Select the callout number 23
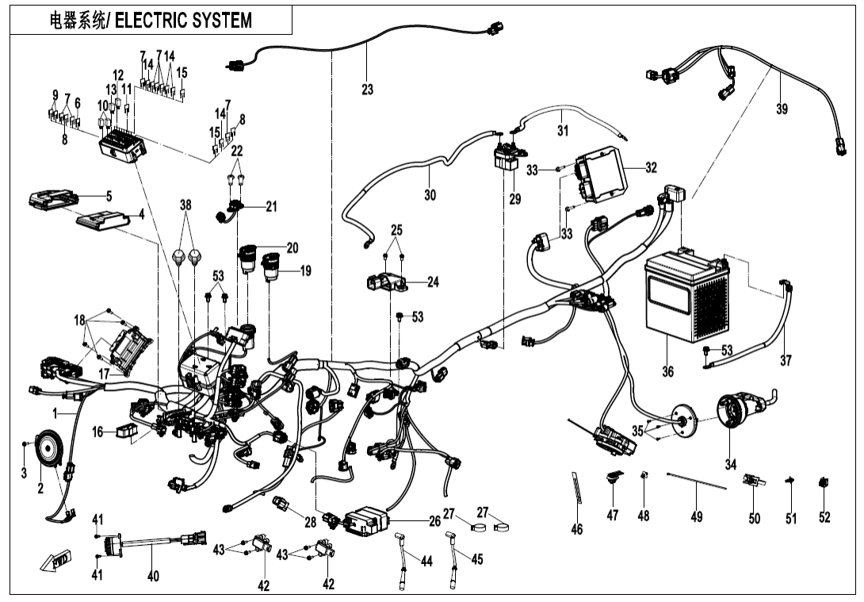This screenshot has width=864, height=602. pyautogui.click(x=367, y=90)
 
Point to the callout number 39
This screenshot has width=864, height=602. pyautogui.click(x=782, y=109)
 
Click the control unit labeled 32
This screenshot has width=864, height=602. pyautogui.click(x=601, y=176)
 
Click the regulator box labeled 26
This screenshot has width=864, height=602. pyautogui.click(x=366, y=520)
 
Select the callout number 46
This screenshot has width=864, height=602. pyautogui.click(x=576, y=529)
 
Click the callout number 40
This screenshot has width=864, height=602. pyautogui.click(x=153, y=576)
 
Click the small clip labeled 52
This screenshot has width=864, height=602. pyautogui.click(x=824, y=482)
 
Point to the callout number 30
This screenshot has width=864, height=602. pyautogui.click(x=429, y=195)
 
